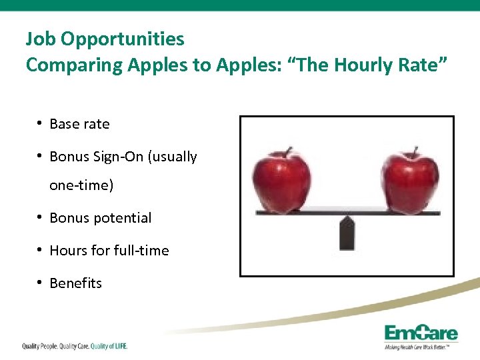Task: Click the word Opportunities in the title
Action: pos(122,39)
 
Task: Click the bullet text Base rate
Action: pos(79,124)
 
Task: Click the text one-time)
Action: pos(81,185)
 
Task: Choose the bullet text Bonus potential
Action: pos(100,218)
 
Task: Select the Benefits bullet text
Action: pos(75,283)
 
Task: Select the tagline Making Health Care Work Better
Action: pos(420,347)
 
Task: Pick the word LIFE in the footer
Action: pos(119,346)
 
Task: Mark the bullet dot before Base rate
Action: pos(41,123)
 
